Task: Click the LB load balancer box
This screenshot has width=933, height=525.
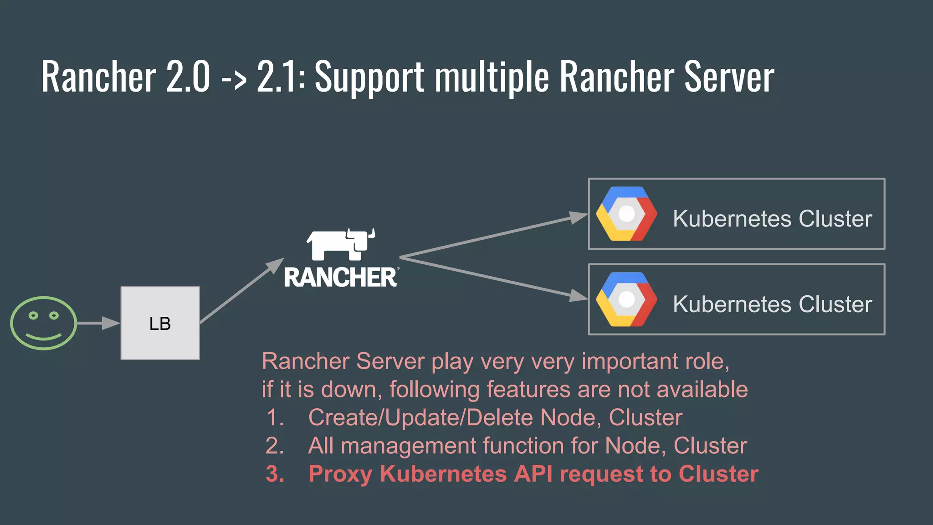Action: pyautogui.click(x=160, y=323)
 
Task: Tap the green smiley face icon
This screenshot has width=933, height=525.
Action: pyautogui.click(x=43, y=323)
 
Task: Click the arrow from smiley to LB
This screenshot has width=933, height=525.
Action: pyautogui.click(x=98, y=323)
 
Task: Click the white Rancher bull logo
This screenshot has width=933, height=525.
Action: pyautogui.click(x=341, y=244)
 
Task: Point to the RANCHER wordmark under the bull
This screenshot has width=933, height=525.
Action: pyautogui.click(x=341, y=277)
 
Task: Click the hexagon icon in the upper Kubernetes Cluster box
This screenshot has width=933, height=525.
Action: pyautogui.click(x=626, y=214)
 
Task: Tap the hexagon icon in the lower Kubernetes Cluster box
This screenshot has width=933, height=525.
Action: pyautogui.click(x=626, y=299)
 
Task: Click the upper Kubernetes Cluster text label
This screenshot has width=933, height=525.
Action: pyautogui.click(x=772, y=219)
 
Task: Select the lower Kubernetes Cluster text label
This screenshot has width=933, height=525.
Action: pyautogui.click(x=772, y=304)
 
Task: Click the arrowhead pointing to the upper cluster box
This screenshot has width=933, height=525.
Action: pyautogui.click(x=579, y=217)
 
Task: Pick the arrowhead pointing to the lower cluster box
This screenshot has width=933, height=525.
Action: pyautogui.click(x=579, y=296)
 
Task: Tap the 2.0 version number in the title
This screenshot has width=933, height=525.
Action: pyautogui.click(x=188, y=77)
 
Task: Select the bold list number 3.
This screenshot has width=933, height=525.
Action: pyautogui.click(x=275, y=474)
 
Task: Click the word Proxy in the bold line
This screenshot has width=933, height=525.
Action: pyautogui.click(x=340, y=474)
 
